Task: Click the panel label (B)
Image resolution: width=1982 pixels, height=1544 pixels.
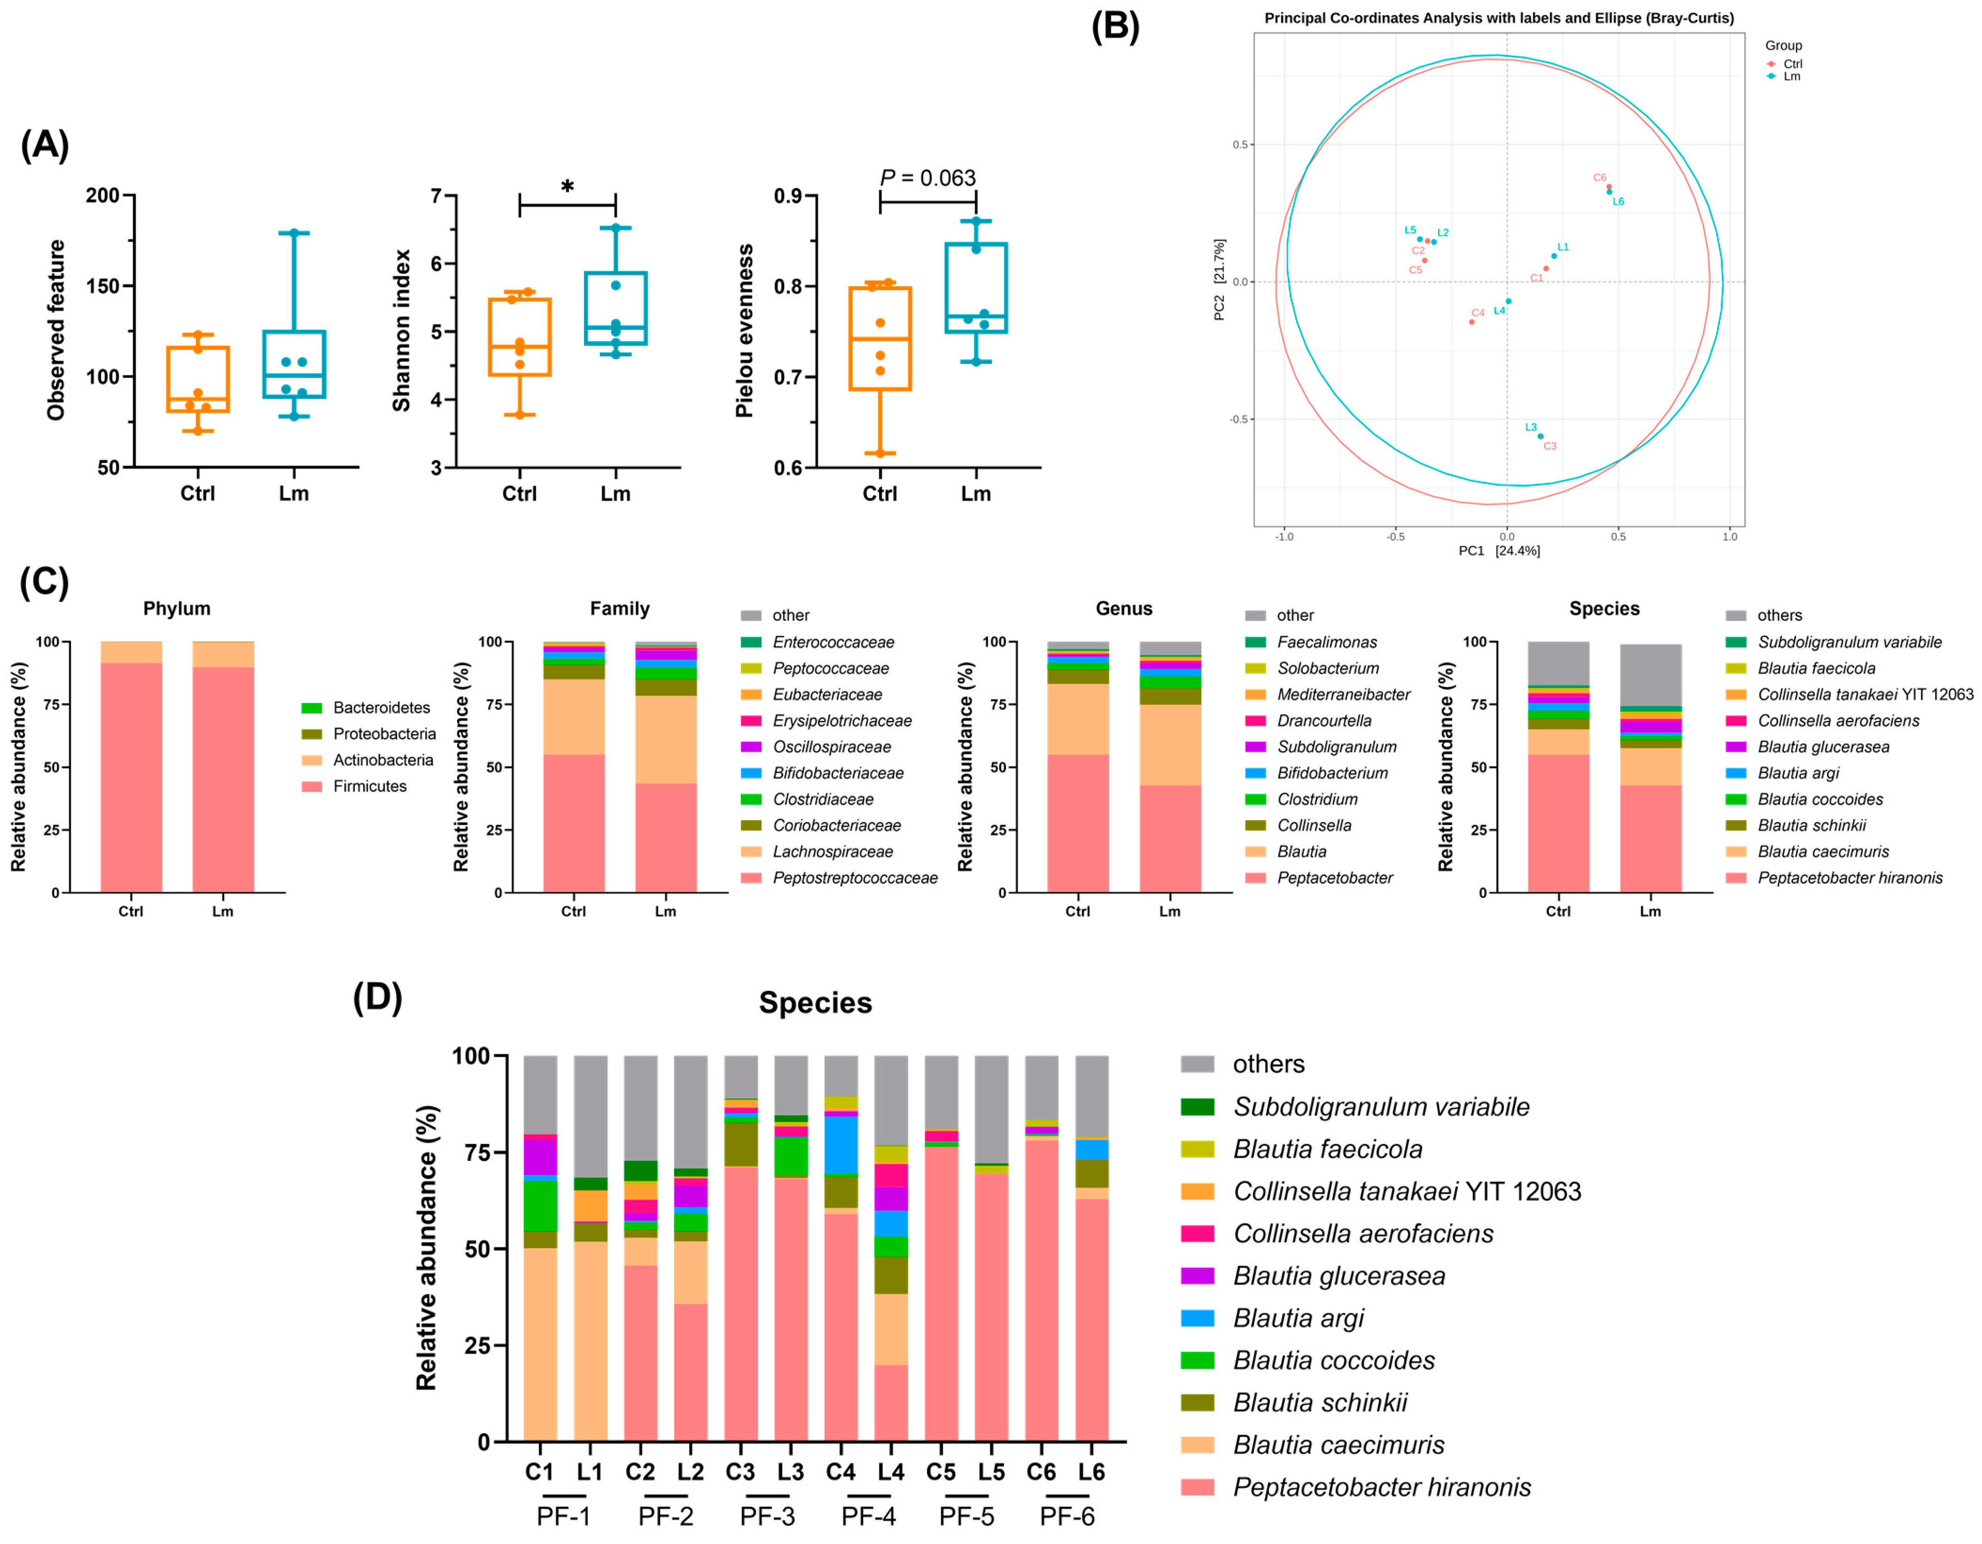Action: [x=1114, y=27]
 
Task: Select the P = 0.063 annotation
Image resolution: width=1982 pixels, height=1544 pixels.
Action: [x=927, y=178]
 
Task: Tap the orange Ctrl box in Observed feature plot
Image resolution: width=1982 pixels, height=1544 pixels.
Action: [x=198, y=379]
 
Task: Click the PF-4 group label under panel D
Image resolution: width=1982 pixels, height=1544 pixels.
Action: [x=869, y=1516]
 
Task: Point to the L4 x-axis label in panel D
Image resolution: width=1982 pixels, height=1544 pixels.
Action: [x=890, y=1472]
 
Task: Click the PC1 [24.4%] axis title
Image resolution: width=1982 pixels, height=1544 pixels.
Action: [x=1499, y=551]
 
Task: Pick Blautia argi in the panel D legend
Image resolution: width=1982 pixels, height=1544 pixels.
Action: [x=1298, y=1318]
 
